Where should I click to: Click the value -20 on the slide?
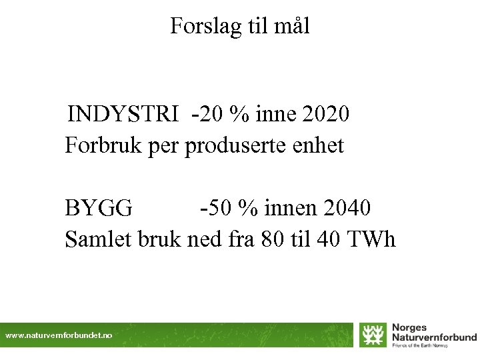pyautogui.click(x=207, y=114)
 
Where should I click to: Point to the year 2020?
pyautogui.click(x=325, y=114)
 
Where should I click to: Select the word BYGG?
pyautogui.click(x=99, y=209)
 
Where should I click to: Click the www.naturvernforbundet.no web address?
pyautogui.click(x=59, y=336)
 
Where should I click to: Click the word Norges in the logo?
pyautogui.click(x=409, y=328)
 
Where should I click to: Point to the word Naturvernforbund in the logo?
pyautogui.click(x=434, y=337)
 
